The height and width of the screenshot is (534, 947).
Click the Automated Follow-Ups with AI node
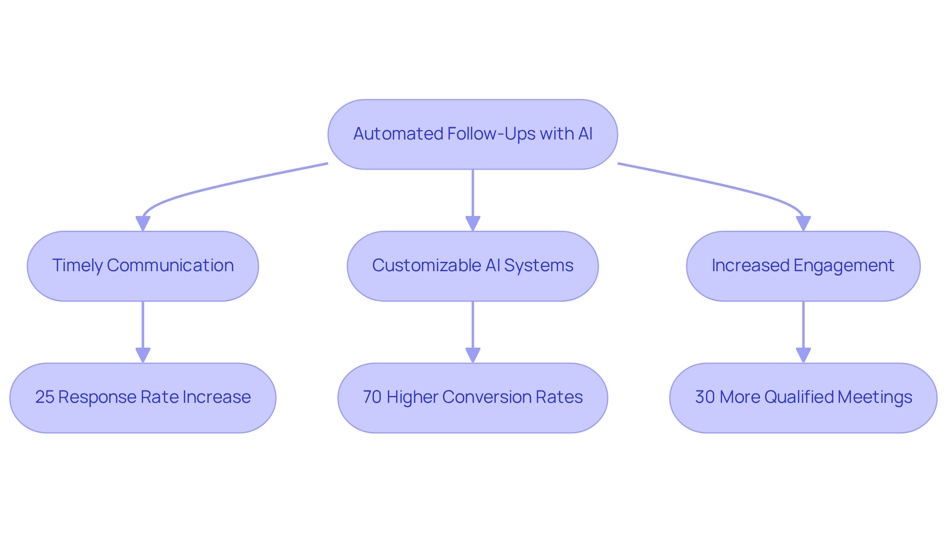pyautogui.click(x=473, y=134)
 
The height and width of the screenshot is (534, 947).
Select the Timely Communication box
pyautogui.click(x=143, y=266)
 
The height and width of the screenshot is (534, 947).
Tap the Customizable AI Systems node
pyautogui.click(x=473, y=266)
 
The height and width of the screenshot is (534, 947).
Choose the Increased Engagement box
pyautogui.click(x=803, y=266)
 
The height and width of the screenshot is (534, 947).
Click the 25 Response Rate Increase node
pyautogui.click(x=143, y=398)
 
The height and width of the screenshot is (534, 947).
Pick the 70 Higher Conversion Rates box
pyautogui.click(x=473, y=398)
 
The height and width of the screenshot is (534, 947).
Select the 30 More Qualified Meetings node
pyautogui.click(x=803, y=398)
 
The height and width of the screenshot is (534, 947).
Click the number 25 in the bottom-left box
pyautogui.click(x=44, y=397)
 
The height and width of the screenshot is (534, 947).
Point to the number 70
pyautogui.click(x=372, y=397)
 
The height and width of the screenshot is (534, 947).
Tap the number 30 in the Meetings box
pyautogui.click(x=705, y=397)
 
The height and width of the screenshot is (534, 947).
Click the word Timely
pyautogui.click(x=77, y=266)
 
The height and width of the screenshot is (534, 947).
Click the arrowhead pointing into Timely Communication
pyautogui.click(x=143, y=223)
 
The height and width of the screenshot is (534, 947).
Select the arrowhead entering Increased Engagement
pyautogui.click(x=803, y=223)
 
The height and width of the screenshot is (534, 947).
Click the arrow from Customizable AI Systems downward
pyautogui.click(x=473, y=330)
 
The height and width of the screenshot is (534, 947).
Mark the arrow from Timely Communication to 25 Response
pyautogui.click(x=143, y=330)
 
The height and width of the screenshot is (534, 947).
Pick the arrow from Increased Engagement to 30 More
pyautogui.click(x=803, y=330)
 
